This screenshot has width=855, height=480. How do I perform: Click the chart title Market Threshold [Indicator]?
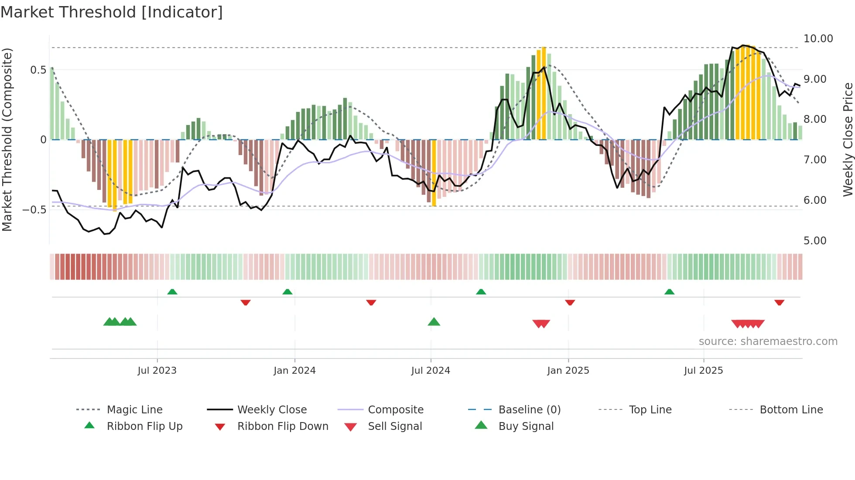click(x=112, y=12)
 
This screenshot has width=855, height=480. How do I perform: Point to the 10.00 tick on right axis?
click(x=818, y=39)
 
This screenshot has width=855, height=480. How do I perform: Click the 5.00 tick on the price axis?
click(x=814, y=241)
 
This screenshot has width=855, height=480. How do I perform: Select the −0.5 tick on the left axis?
click(x=34, y=210)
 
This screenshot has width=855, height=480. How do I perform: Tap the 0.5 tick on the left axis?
click(x=38, y=70)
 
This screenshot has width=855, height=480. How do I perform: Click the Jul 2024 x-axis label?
click(x=430, y=371)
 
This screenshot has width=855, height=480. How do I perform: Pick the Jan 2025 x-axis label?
click(x=568, y=371)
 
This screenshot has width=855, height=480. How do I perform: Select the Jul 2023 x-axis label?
click(x=157, y=371)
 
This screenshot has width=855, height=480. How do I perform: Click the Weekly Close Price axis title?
click(x=848, y=139)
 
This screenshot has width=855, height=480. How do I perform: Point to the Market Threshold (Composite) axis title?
click(x=7, y=139)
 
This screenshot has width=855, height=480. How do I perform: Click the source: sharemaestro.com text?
click(x=768, y=341)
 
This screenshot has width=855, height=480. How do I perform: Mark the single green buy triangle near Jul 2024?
click(x=434, y=322)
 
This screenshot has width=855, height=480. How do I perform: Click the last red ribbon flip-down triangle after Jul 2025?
click(x=779, y=302)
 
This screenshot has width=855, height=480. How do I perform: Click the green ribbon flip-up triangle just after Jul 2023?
click(x=172, y=292)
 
